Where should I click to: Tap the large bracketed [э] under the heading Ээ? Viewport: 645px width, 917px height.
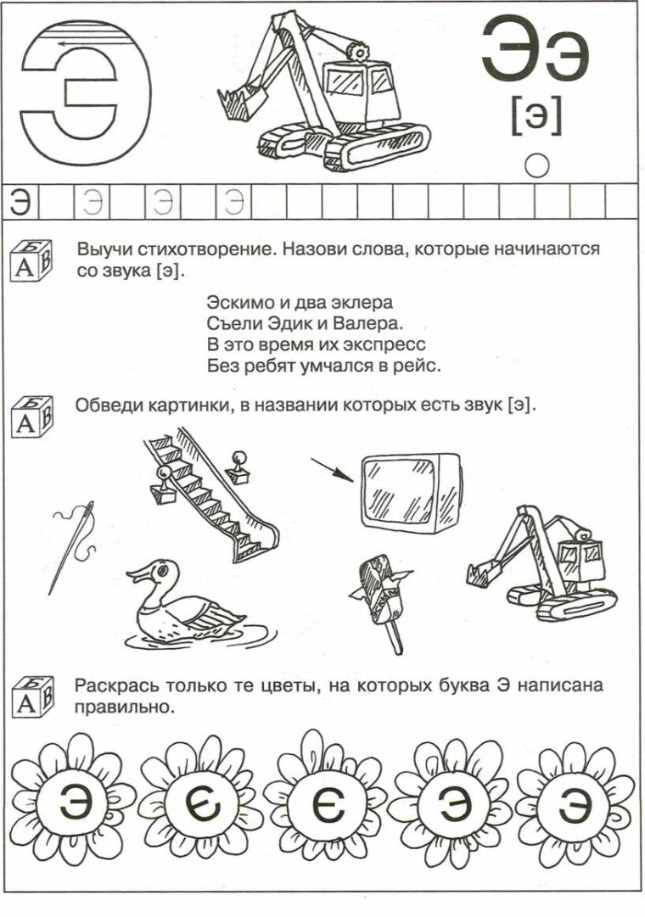[x=536, y=115]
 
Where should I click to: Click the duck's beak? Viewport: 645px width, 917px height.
[x=135, y=576]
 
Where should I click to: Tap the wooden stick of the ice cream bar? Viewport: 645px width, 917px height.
[x=393, y=636]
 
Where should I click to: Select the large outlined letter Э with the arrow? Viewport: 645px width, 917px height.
[x=81, y=89]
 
